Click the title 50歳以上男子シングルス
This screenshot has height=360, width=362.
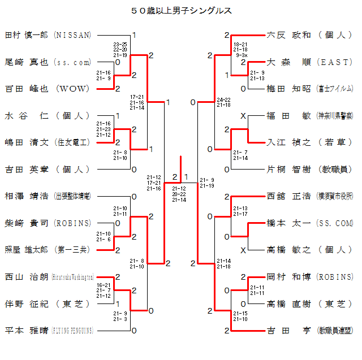coord(181,10)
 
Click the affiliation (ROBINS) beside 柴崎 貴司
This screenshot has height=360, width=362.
coord(72,223)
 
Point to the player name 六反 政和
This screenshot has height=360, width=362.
coord(288,35)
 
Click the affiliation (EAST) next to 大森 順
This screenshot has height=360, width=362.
coord(335,62)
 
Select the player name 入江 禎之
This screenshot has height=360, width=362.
coord(288,142)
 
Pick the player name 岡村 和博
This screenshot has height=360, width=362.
coord(288,277)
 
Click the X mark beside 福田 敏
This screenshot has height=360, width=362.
coord(243,116)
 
